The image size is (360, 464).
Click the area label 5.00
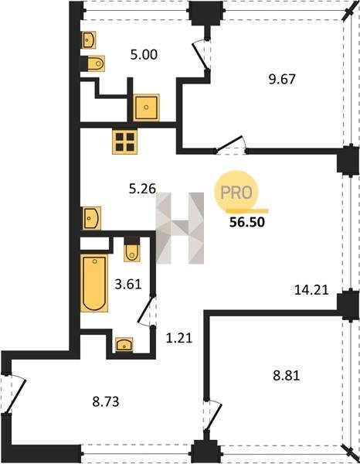pyautogui.click(x=144, y=55)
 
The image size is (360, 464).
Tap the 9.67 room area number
pyautogui.click(x=282, y=80)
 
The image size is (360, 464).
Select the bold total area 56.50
pyautogui.click(x=247, y=222)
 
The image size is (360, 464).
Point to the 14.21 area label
pyautogui.click(x=311, y=290)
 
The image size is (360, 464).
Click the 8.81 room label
pyautogui.click(x=287, y=376)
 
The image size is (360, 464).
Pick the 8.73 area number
pyautogui.click(x=106, y=402)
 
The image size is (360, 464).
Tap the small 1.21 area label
pyautogui.click(x=179, y=338)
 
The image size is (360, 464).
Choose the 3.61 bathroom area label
pyautogui.click(x=128, y=285)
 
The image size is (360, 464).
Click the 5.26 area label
pyautogui.click(x=142, y=189)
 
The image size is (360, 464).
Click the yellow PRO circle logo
pyautogui.click(x=236, y=193)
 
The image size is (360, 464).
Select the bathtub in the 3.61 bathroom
pyautogui.click(x=94, y=283)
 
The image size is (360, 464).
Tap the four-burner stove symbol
pyautogui.click(x=124, y=142)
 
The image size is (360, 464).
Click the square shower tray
pyautogui.click(x=146, y=107)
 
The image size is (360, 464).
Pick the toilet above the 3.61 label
pyautogui.click(x=132, y=250)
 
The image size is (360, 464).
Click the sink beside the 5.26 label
pyautogui.click(x=91, y=218)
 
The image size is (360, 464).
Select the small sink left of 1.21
pyautogui.click(x=124, y=345)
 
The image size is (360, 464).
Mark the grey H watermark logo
pyautogui.click(x=180, y=228)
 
